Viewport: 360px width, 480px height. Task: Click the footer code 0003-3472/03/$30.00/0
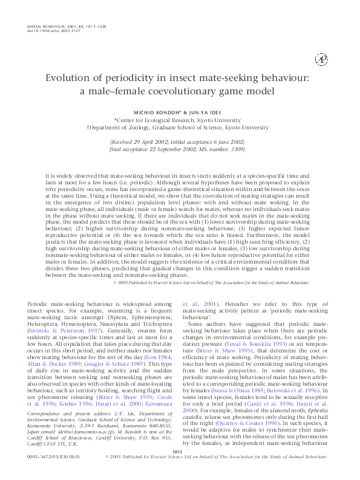pyautogui.click(x=51, y=474)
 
